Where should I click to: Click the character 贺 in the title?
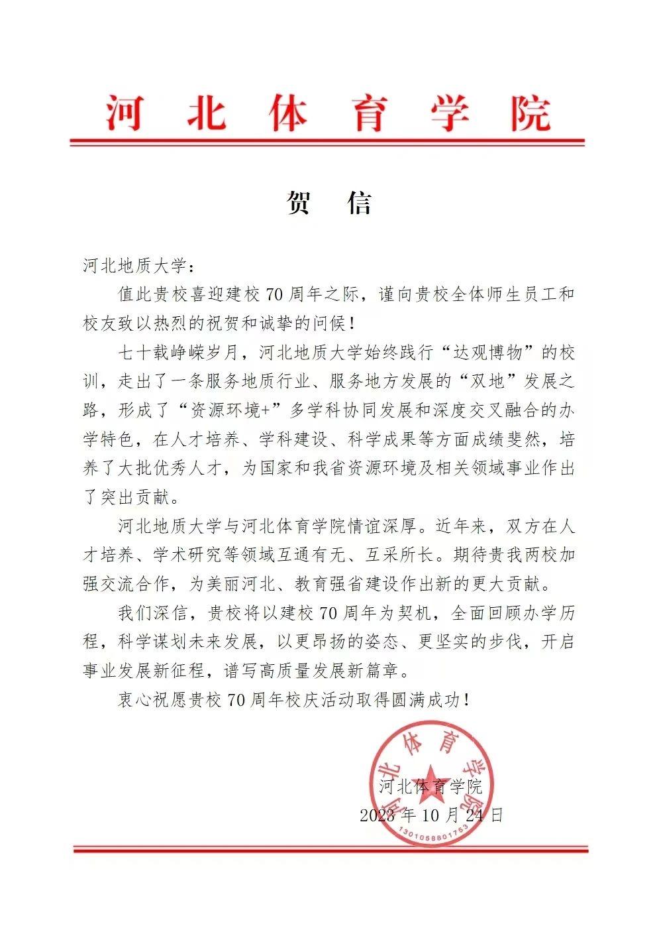pyautogui.click(x=299, y=203)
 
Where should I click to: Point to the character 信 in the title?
pyautogui.click(x=360, y=203)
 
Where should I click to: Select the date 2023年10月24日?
pyautogui.click(x=431, y=815)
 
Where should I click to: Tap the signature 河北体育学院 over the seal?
pyautogui.click(x=431, y=787)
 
